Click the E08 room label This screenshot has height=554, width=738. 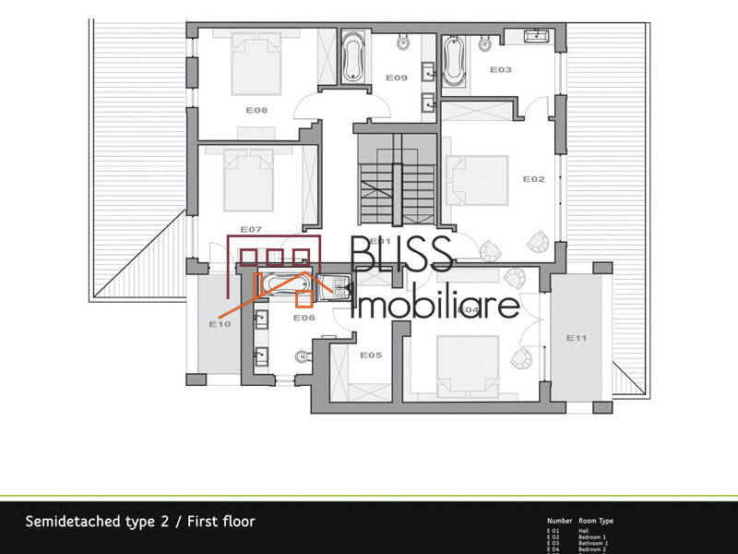256,110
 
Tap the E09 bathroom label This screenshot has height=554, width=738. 397,78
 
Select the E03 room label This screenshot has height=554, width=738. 500,70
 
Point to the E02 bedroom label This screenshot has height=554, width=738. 534,178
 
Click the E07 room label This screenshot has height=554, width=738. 252,228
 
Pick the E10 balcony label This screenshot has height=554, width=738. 220,324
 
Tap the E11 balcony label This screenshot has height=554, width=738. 577,338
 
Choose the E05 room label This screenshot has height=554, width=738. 371,355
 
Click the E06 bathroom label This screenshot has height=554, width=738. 304,319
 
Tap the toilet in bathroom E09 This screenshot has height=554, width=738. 403,42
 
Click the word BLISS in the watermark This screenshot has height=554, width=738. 401,254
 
